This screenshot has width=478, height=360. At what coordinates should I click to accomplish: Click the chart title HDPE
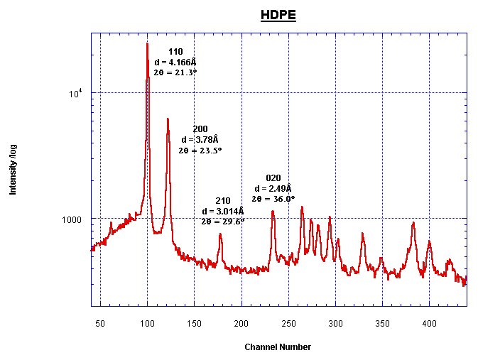coord(278,15)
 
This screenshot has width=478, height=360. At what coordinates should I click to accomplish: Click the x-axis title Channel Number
coord(277,347)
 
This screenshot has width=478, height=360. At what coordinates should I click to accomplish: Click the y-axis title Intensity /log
coord(13,170)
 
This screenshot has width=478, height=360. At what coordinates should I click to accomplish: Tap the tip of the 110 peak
coord(147,43)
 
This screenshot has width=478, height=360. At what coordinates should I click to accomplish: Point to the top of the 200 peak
coord(168,119)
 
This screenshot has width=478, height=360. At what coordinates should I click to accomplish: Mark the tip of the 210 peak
coord(220,234)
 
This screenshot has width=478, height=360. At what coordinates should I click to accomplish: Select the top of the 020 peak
coord(273,210)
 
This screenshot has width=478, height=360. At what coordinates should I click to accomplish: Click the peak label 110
coord(175,52)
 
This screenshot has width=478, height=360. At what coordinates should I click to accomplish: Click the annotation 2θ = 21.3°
coord(175,72)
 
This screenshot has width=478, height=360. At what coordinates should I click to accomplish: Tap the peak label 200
coord(200,129)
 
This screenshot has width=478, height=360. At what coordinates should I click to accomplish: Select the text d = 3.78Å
coord(200,139)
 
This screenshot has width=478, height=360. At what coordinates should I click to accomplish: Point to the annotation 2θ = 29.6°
coord(222,222)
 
